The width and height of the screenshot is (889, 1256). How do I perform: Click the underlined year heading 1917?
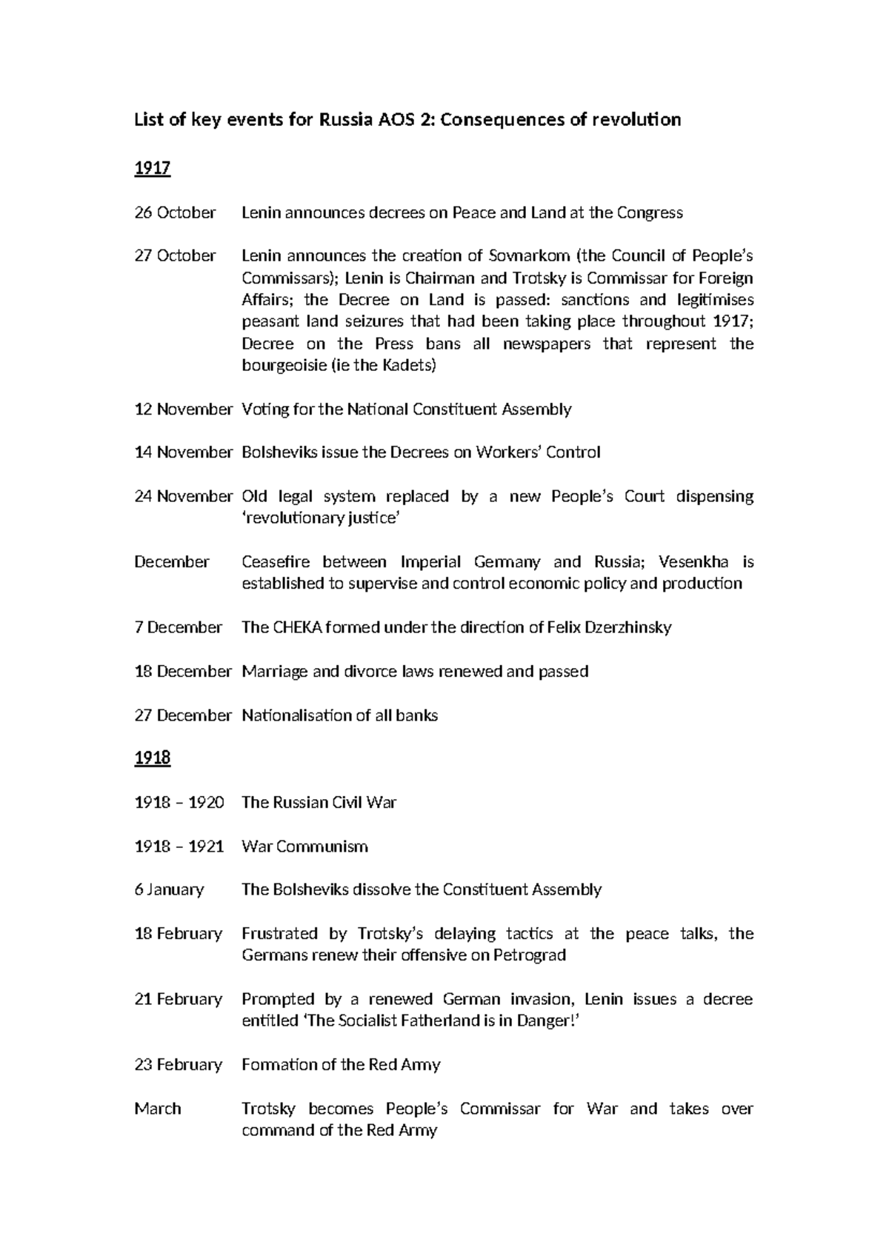click(152, 169)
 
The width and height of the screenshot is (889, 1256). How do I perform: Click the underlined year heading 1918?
click(152, 758)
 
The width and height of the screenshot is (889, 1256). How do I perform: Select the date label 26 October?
click(175, 213)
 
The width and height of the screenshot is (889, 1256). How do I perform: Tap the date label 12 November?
click(183, 409)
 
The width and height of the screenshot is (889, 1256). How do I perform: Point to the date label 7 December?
click(178, 627)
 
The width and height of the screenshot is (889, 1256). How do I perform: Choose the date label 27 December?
click(183, 715)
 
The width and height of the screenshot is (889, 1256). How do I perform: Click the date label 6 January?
click(169, 889)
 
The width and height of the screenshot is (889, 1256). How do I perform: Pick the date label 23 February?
click(178, 1065)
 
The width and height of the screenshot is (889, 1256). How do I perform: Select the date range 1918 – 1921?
click(179, 846)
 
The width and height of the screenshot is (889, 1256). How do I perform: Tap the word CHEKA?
click(301, 627)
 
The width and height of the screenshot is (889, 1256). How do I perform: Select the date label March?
click(158, 1109)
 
